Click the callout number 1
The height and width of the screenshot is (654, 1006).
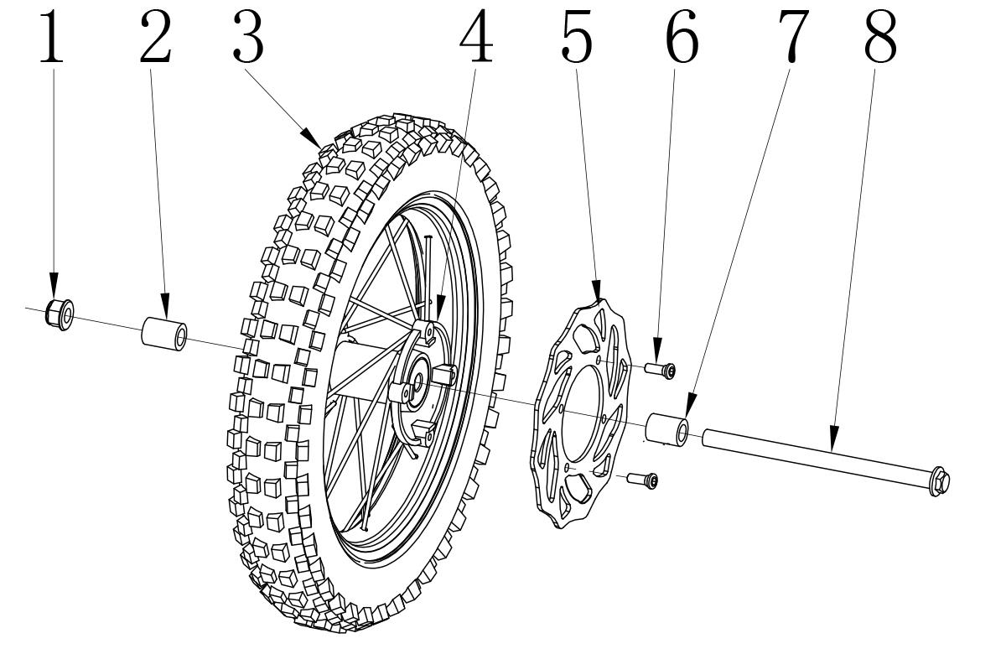point(52,36)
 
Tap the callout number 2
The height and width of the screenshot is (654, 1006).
point(155,36)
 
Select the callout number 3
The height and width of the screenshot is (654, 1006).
point(248,36)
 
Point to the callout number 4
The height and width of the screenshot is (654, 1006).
point(476,36)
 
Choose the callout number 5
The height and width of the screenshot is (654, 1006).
point(577,36)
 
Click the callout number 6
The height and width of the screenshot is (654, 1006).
point(682,36)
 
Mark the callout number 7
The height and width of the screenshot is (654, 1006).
point(794,36)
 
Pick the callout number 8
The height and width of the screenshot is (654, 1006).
point(881,36)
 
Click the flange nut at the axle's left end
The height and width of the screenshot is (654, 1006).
point(60,314)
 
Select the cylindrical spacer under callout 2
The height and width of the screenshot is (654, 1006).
point(164,335)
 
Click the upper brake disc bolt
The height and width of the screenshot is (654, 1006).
point(660,370)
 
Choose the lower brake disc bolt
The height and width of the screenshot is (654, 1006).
point(642,480)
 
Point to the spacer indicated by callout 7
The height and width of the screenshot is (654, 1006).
point(666,430)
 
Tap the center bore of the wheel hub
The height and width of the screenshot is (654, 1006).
point(417,383)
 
